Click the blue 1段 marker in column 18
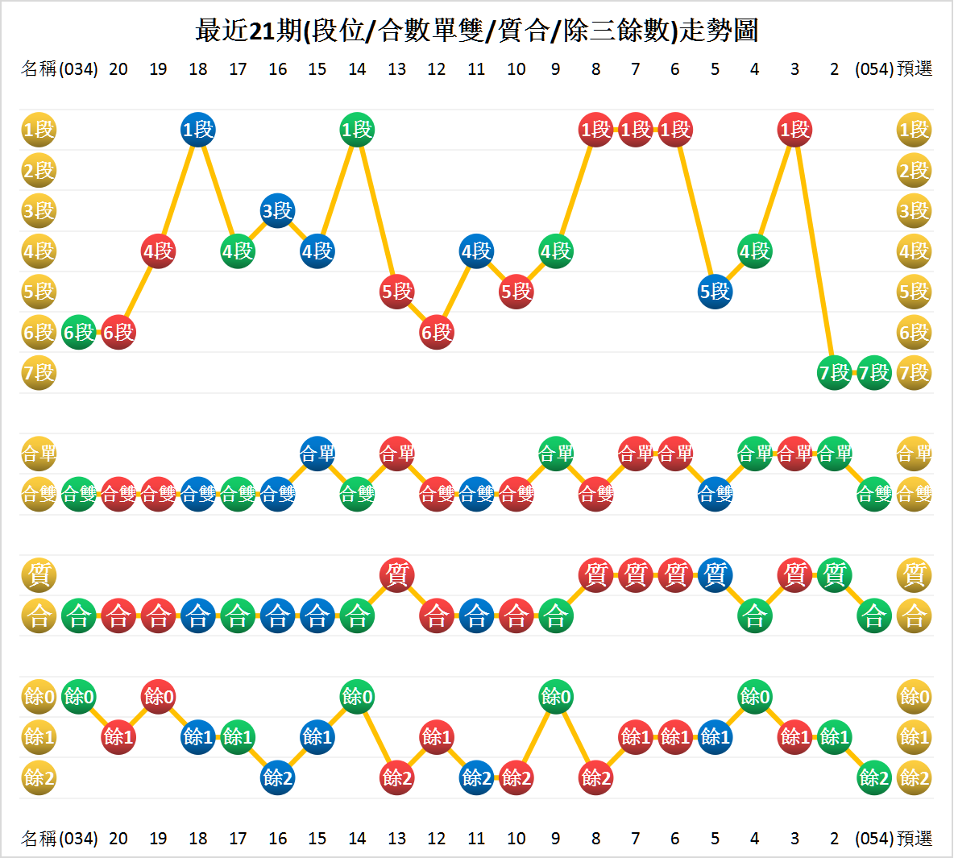[198, 130]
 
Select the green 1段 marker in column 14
[357, 130]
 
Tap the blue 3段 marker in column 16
[278, 211]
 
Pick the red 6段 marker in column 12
[437, 332]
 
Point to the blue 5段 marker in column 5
[715, 292]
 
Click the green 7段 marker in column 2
[834, 373]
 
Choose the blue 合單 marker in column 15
[317, 454]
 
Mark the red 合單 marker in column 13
[397, 454]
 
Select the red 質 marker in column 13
[397, 575]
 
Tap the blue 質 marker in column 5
[715, 575]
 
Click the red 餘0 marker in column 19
[159, 696]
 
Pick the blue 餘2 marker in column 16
[278, 777]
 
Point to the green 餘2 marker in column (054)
[874, 777]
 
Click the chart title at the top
[476, 31]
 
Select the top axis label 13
[397, 69]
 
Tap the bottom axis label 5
[715, 839]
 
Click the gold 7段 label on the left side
[39, 373]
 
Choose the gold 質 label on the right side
[914, 575]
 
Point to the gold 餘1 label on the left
[39, 736]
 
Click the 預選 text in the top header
[915, 69]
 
